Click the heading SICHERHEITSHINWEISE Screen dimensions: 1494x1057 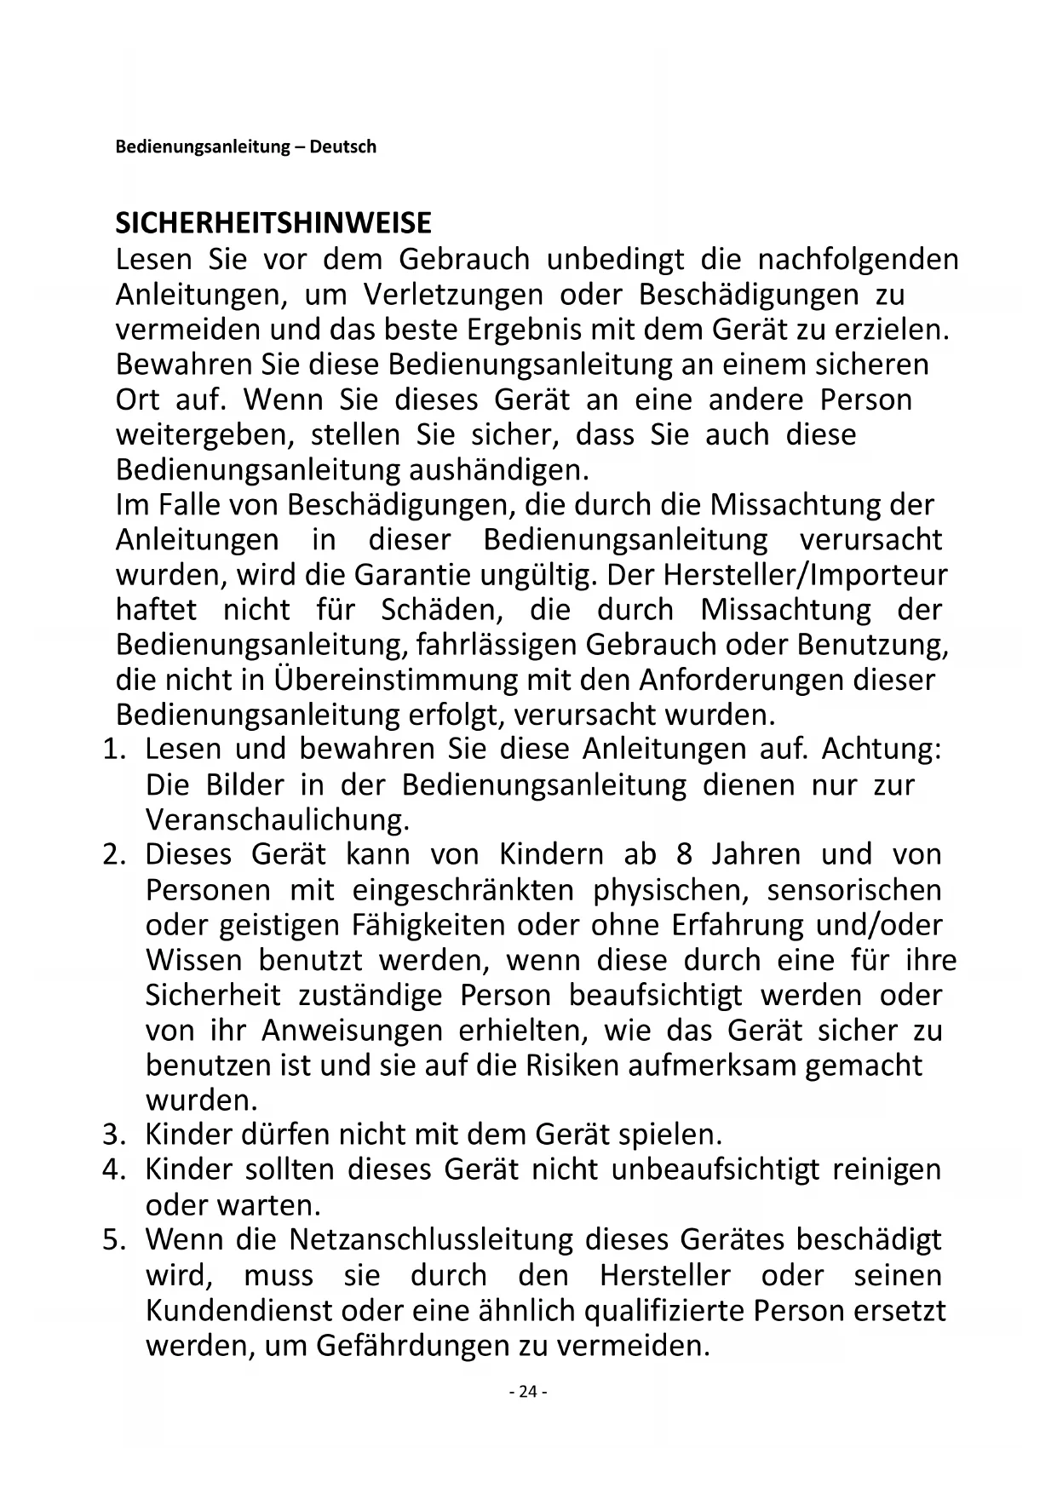[x=273, y=224]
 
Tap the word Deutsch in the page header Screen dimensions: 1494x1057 [x=342, y=147]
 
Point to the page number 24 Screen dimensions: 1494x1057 [x=528, y=1392]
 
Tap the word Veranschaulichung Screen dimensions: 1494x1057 [x=278, y=819]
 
